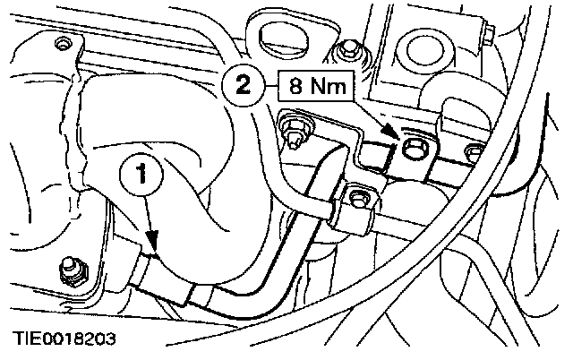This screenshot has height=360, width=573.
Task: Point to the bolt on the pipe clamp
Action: tap(360, 198)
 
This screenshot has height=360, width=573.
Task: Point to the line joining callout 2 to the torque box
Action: tap(274, 87)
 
